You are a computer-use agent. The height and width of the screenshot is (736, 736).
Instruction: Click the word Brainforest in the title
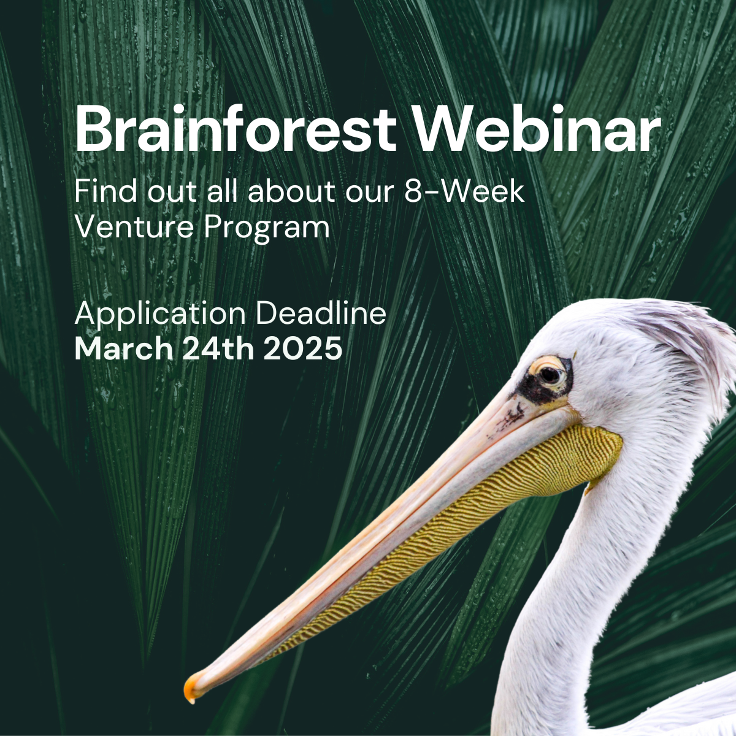(236, 128)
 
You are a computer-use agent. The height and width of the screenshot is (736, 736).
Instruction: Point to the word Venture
(135, 227)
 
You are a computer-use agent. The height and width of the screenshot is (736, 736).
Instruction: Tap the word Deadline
(321, 313)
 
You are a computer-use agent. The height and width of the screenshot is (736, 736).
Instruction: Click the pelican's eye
(550, 375)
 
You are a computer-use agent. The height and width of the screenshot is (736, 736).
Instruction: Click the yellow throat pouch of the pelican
(477, 508)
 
